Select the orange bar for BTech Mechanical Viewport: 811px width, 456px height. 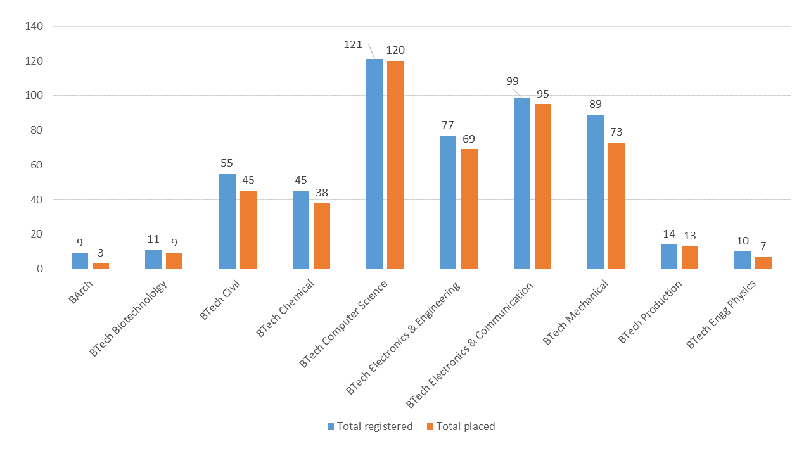pyautogui.click(x=616, y=205)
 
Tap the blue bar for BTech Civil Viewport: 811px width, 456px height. pyautogui.click(x=227, y=221)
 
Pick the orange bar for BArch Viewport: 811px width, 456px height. pyautogui.click(x=101, y=265)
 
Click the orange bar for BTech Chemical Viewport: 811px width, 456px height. pyautogui.click(x=322, y=236)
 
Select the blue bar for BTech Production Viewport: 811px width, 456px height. pyautogui.click(x=669, y=256)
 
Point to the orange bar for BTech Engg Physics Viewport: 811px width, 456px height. pyautogui.click(x=763, y=262)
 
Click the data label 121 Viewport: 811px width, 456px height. pyautogui.click(x=353, y=45)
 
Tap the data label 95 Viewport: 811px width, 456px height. pyautogui.click(x=542, y=94)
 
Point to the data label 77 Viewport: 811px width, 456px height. pyautogui.click(x=448, y=125)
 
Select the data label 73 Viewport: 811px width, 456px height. pyautogui.click(x=616, y=132)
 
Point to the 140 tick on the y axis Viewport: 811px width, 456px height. pyautogui.click(x=34, y=27)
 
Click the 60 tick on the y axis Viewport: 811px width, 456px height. pyautogui.click(x=37, y=165)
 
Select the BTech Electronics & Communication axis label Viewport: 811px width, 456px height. pyautogui.click(x=469, y=345)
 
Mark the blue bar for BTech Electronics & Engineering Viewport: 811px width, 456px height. pyautogui.click(x=448, y=202)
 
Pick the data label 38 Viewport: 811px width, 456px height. pyautogui.click(x=322, y=193)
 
